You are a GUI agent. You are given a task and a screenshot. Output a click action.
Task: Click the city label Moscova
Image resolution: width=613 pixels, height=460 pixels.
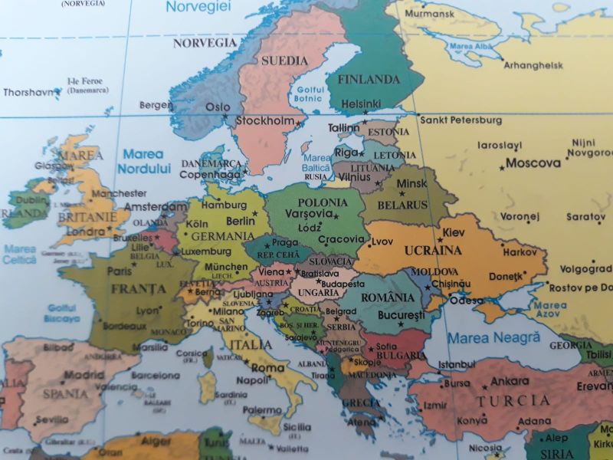click(x=533, y=163)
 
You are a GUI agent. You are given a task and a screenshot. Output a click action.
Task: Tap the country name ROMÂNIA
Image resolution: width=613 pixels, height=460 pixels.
click(x=388, y=297)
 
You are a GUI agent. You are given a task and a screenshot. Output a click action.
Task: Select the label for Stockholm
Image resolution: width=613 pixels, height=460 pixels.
click(x=265, y=120)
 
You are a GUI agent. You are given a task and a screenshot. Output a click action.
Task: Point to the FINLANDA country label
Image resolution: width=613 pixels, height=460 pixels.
click(x=369, y=80)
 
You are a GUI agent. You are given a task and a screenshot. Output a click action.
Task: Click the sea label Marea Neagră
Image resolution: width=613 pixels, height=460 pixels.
click(x=493, y=337)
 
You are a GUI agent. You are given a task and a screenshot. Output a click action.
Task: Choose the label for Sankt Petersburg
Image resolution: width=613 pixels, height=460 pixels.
click(x=461, y=120)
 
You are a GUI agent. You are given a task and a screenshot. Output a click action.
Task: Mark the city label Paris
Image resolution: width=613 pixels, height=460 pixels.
click(x=119, y=271)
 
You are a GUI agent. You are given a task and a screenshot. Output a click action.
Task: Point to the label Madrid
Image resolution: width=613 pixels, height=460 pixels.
click(x=84, y=376)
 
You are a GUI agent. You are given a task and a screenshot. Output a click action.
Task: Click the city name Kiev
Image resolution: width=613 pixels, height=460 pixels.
click(x=454, y=232)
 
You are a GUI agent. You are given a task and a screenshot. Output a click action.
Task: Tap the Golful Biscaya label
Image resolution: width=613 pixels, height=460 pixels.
click(x=62, y=313)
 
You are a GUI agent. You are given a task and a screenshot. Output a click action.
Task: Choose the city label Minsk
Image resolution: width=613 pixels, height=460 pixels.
click(x=411, y=184)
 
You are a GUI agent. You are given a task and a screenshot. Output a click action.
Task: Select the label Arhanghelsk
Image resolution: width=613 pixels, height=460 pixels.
click(x=533, y=66)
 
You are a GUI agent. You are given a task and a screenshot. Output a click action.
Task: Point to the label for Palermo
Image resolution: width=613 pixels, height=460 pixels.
click(x=262, y=410)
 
